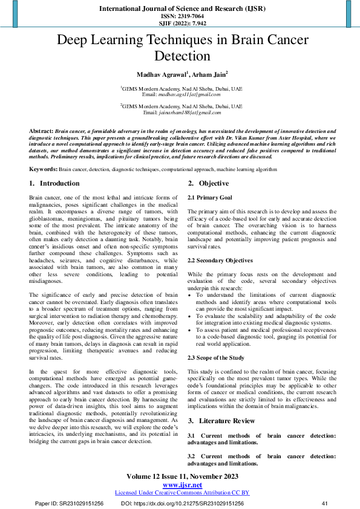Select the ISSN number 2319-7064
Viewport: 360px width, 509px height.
pyautogui.click(x=180, y=16)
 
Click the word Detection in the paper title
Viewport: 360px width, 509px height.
pyautogui.click(x=180, y=57)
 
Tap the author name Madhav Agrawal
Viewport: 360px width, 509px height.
pyautogui.click(x=161, y=75)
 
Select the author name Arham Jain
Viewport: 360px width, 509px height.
pyautogui.click(x=209, y=75)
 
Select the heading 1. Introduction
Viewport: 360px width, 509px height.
pyautogui.click(x=54, y=183)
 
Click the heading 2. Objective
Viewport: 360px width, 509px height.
pyautogui.click(x=208, y=183)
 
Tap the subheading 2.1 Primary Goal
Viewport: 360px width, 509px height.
pyautogui.click(x=209, y=198)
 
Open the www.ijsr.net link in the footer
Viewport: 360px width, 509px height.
pyautogui.click(x=180, y=485)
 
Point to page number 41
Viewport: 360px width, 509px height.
pyautogui.click(x=324, y=503)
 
